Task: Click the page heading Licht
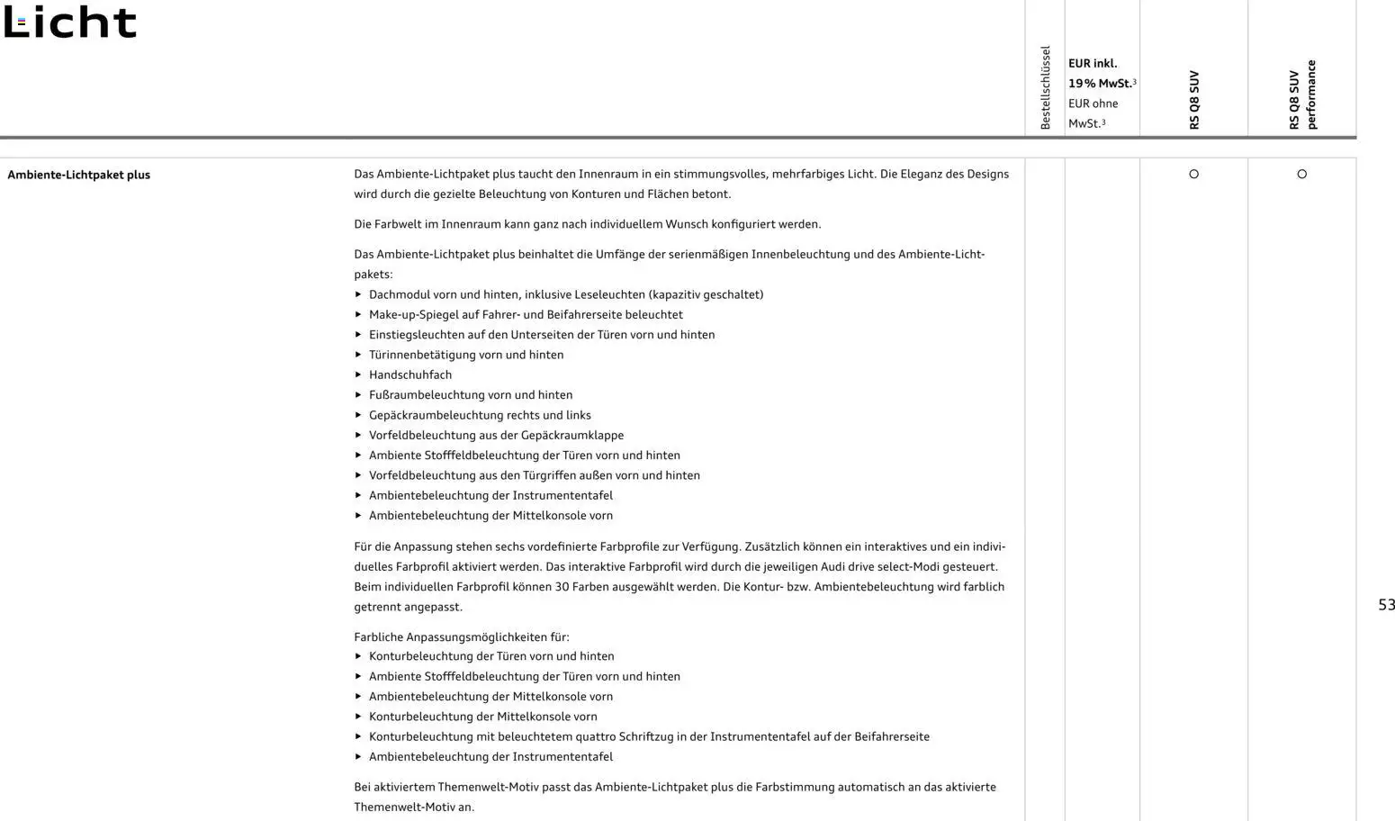(70, 23)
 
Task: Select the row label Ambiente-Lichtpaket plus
(78, 175)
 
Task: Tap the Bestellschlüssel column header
(1045, 87)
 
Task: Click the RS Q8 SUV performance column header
(1301, 95)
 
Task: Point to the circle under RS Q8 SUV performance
(1301, 174)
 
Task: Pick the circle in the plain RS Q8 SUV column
(1193, 174)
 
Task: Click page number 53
(1386, 605)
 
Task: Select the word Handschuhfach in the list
(410, 374)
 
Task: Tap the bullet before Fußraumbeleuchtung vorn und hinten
(358, 395)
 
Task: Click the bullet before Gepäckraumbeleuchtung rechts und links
(358, 415)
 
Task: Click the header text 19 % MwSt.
(1099, 83)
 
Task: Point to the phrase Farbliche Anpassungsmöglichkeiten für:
(462, 636)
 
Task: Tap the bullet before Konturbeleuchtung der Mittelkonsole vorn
(358, 717)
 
